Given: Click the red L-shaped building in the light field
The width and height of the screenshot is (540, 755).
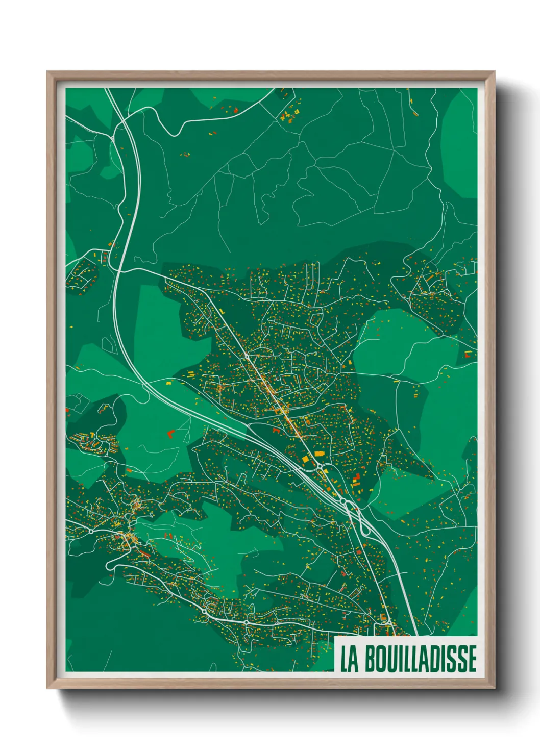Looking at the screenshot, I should point(170,434).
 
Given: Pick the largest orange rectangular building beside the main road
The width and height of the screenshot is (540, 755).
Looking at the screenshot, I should point(320,453).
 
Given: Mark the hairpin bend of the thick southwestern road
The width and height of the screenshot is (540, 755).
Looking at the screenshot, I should point(109,565).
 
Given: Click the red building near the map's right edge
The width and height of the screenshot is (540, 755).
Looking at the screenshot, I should point(468,352).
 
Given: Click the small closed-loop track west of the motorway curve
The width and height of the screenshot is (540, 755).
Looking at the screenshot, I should point(108,343).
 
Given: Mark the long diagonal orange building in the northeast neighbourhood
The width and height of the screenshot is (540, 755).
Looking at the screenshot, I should point(428,278).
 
